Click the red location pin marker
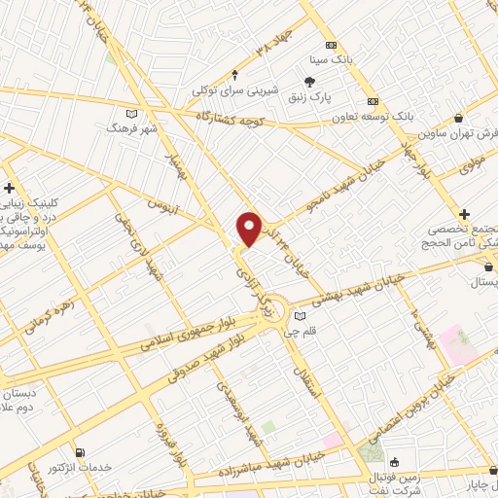(x=250, y=229)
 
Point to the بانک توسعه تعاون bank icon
(x=373, y=101)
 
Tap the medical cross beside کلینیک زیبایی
(x=9, y=188)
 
